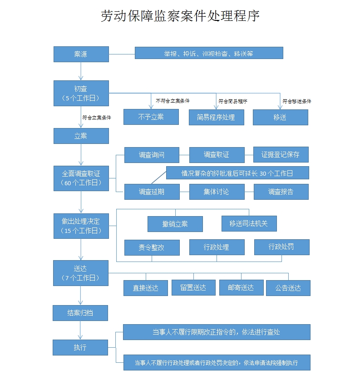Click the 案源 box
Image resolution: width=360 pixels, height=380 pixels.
point(81,54)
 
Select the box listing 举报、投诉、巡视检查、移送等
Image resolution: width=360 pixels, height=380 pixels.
point(209,53)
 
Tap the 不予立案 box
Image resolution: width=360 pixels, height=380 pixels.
point(151,117)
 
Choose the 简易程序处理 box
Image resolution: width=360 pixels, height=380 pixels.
point(216,117)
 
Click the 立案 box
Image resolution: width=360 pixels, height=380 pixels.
point(81,136)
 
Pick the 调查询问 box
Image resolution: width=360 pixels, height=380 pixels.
point(152,155)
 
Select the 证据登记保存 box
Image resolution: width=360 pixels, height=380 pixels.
point(281,155)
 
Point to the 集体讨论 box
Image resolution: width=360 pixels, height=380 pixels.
point(216,192)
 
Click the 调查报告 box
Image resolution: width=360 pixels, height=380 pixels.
point(281,192)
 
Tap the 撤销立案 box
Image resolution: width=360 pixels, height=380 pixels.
point(175,224)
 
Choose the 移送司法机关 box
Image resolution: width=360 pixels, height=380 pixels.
point(249,223)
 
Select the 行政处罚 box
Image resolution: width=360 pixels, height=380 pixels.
point(281,247)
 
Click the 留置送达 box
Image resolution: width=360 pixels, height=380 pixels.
point(193,287)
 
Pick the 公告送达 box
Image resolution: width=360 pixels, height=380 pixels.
point(288,288)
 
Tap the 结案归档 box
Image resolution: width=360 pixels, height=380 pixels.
point(81,313)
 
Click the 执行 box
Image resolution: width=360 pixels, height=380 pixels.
point(80,348)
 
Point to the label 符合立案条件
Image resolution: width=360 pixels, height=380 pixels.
point(97,118)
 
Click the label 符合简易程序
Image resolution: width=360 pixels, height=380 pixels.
point(232,101)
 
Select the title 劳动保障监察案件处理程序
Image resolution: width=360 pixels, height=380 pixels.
point(180,17)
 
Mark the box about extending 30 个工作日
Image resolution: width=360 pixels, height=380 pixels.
point(237,173)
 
